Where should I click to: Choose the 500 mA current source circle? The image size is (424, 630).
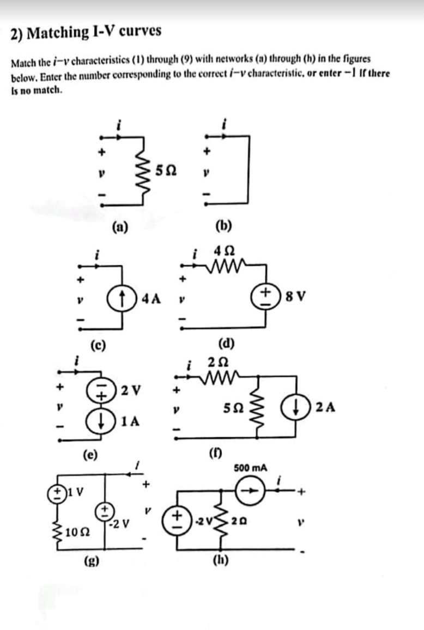click(x=252, y=490)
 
